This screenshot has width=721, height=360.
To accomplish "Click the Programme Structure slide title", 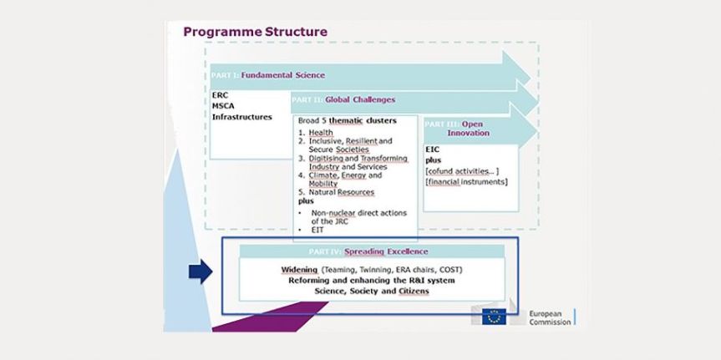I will pyautogui.click(x=255, y=32).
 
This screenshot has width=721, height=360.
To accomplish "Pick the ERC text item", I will pyautogui.click(x=220, y=95).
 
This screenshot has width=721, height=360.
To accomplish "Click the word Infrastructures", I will pyautogui.click(x=242, y=117).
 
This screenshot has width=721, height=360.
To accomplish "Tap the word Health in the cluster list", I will pyautogui.click(x=321, y=133).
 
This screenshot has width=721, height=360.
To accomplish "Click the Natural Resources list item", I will pyautogui.click(x=342, y=192).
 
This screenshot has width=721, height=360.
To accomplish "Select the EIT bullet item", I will pyautogui.click(x=317, y=229).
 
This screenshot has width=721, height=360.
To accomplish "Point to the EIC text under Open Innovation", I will pyautogui.click(x=432, y=150).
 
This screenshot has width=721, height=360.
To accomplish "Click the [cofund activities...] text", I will pyautogui.click(x=461, y=171).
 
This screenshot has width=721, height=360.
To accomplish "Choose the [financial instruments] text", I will pyautogui.click(x=466, y=182).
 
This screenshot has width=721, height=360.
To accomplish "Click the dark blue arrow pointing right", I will pyautogui.click(x=201, y=270).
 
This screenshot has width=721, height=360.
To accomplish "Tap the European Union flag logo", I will pyautogui.click(x=494, y=317).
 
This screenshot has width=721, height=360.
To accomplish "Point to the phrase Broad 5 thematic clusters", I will pyautogui.click(x=347, y=120).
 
